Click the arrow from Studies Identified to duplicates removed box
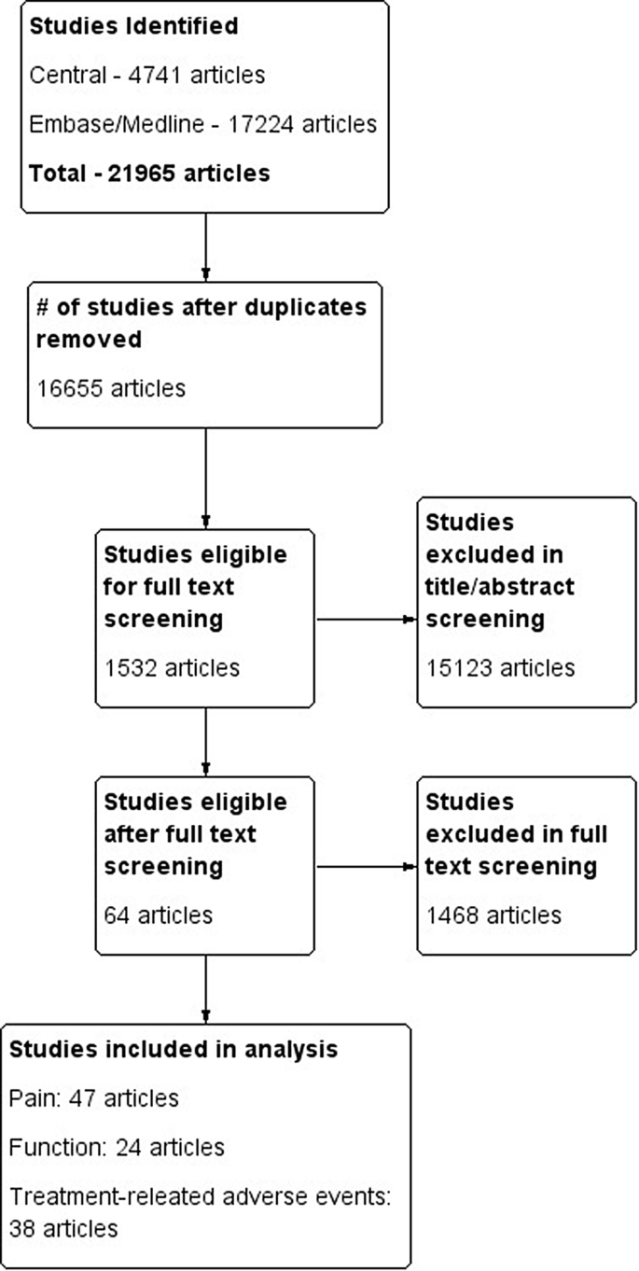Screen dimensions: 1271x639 pyautogui.click(x=205, y=246)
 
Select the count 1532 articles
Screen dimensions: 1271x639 pyautogui.click(x=172, y=667)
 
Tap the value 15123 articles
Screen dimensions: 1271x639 pyautogui.click(x=499, y=667)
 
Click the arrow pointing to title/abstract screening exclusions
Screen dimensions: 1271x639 pyautogui.click(x=366, y=619)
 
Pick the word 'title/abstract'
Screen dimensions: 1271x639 pyautogui.click(x=500, y=586)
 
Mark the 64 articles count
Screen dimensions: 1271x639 pyautogui.click(x=158, y=915)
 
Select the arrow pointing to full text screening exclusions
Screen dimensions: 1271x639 pyautogui.click(x=366, y=866)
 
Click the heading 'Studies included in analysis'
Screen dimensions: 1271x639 pyautogui.click(x=174, y=1049)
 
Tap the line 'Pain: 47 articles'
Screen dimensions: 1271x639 pyautogui.click(x=93, y=1097)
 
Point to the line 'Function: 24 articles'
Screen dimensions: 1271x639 pyautogui.click(x=117, y=1146)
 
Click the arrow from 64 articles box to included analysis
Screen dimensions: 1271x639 pyautogui.click(x=205, y=989)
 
